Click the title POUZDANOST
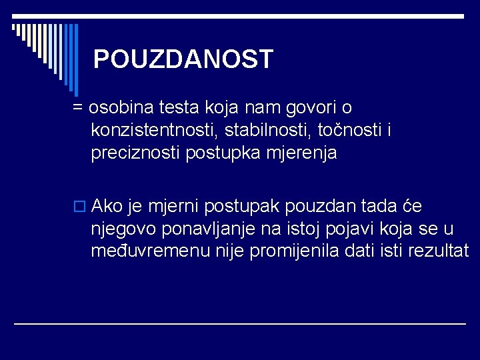tap(183, 59)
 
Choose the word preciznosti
tap(136, 153)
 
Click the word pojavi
tap(353, 229)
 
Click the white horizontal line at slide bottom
tap(240, 323)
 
